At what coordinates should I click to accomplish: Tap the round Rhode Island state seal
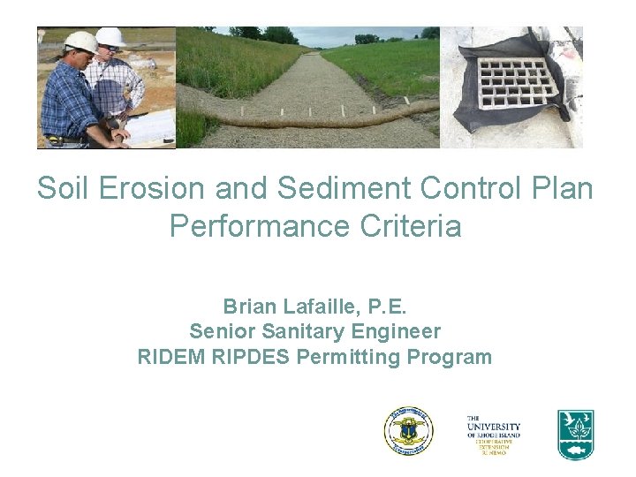pos(408,432)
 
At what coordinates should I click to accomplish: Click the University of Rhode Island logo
pos(494,433)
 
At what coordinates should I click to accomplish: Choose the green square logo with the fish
pos(575,434)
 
